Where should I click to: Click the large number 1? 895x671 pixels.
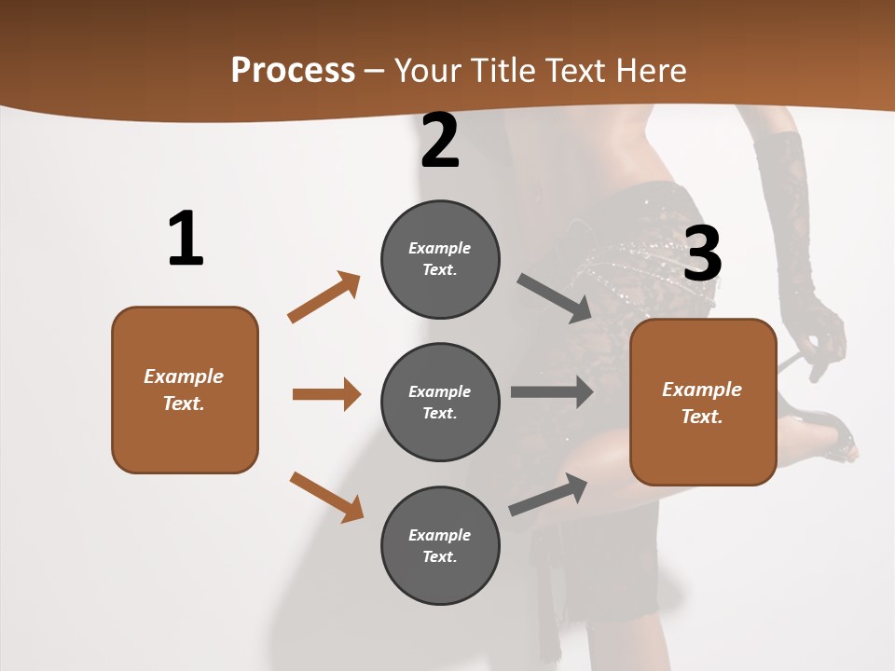(186, 239)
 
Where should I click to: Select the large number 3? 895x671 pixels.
(702, 253)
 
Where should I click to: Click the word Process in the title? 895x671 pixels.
(293, 70)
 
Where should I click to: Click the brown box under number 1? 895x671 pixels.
(185, 390)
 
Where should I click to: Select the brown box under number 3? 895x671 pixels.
(703, 402)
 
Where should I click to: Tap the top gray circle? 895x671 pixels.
(440, 259)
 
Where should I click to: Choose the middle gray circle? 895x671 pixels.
(440, 402)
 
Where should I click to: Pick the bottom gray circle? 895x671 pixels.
(440, 545)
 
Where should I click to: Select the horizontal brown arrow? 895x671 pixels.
(326, 394)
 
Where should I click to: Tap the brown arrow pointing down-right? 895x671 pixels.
(326, 497)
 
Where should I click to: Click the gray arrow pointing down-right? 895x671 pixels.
(555, 298)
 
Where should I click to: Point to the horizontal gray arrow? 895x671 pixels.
(552, 391)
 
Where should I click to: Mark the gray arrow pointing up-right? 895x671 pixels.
(548, 494)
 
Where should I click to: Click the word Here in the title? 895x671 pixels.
(650, 70)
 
